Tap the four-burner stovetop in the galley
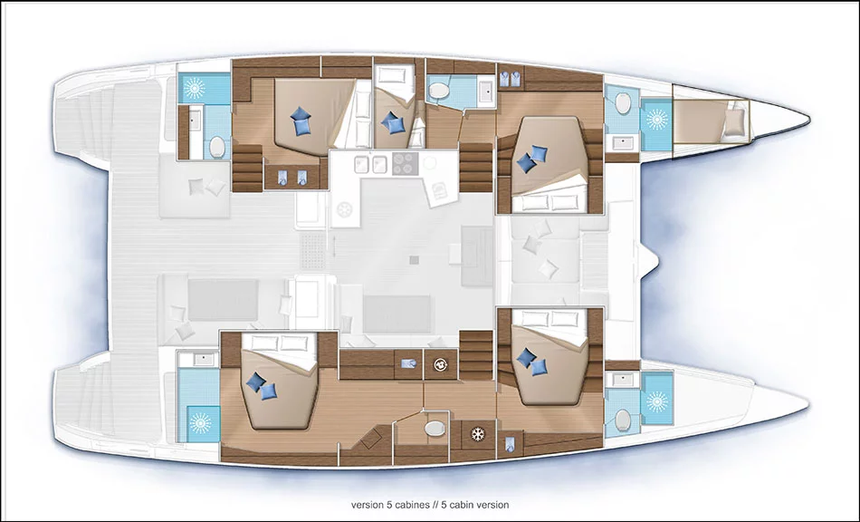point(406,163)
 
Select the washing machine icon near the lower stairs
point(440,364)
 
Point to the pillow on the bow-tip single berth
point(734,121)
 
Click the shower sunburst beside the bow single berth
point(656,119)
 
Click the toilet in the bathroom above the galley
point(439,90)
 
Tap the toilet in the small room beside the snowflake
point(435,428)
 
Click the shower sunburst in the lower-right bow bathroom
point(657,402)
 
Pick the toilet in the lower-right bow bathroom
point(623,421)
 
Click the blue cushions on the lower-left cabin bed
point(261,386)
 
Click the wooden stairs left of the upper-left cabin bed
point(247,168)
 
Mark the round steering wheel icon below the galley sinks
point(344,209)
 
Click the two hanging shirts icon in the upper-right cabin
point(510,80)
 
